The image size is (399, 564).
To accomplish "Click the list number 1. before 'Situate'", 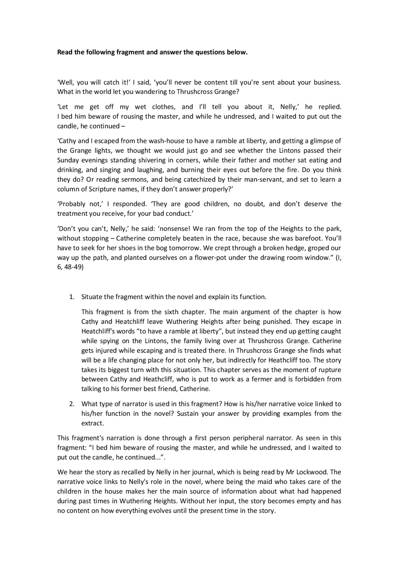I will pyautogui.click(x=72, y=297).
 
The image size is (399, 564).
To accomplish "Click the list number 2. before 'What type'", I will pyautogui.click(x=72, y=404).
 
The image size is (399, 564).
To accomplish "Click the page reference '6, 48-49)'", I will pyautogui.click(x=70, y=268).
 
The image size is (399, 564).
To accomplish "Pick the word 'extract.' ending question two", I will pyautogui.click(x=93, y=424).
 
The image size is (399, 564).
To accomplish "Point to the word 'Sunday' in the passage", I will pyautogui.click(x=68, y=160).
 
